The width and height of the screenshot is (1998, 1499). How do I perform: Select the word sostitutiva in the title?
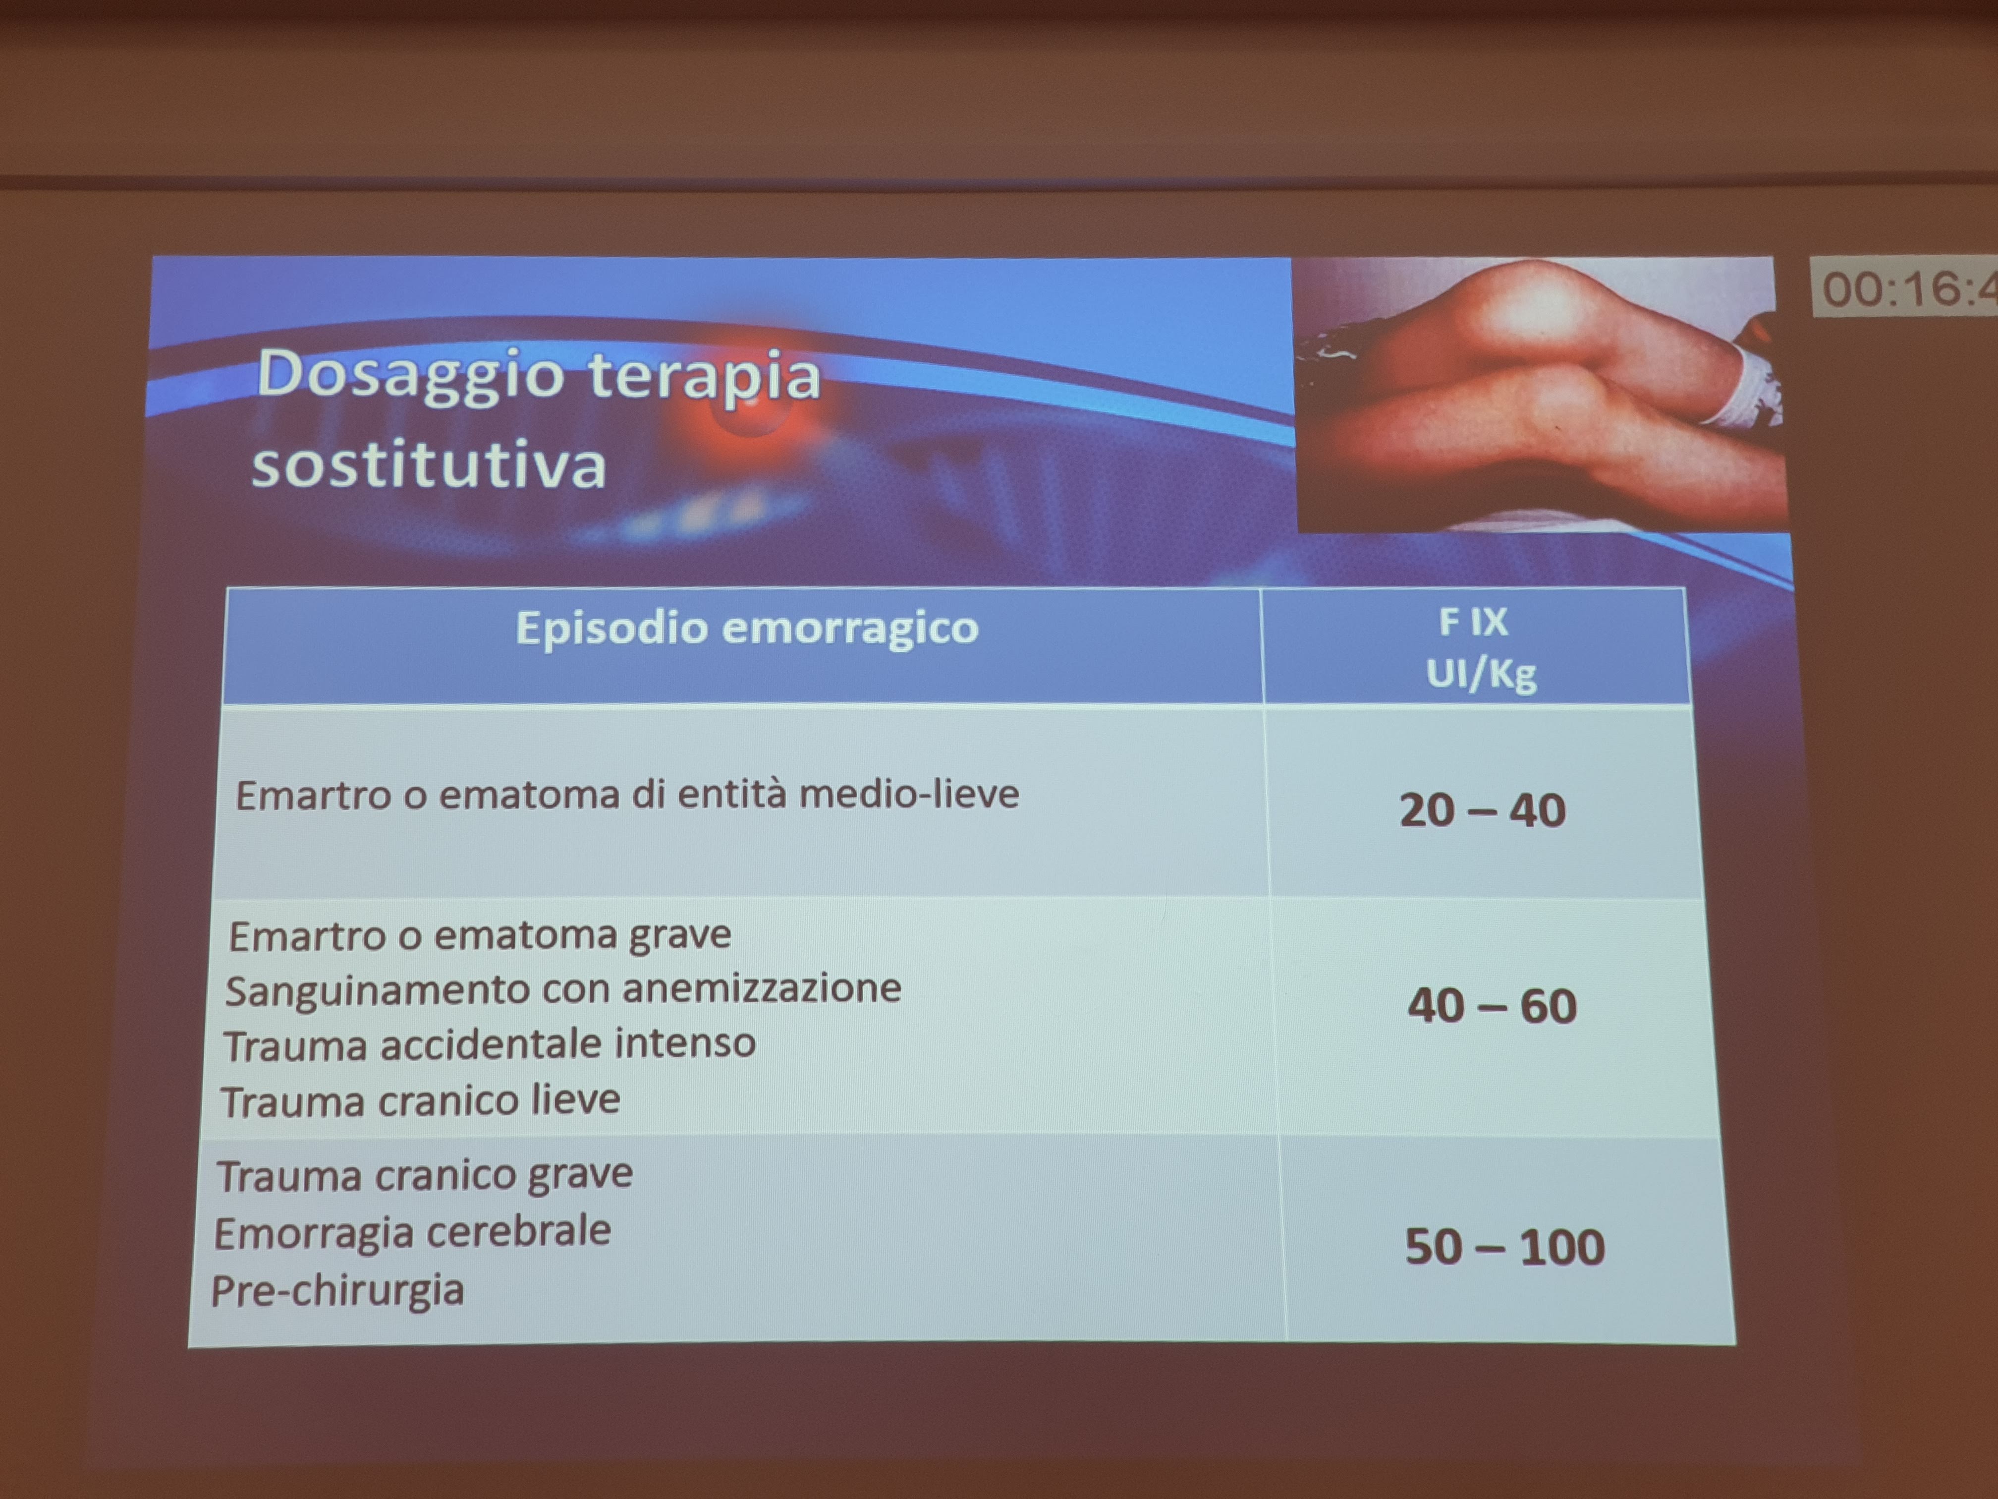(429, 465)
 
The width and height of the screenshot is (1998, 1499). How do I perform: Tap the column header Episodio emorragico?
(747, 627)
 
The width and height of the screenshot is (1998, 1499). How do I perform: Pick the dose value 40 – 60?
(1492, 1006)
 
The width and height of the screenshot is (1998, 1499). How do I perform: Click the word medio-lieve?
(910, 794)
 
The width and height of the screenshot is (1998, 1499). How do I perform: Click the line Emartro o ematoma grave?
(480, 935)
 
